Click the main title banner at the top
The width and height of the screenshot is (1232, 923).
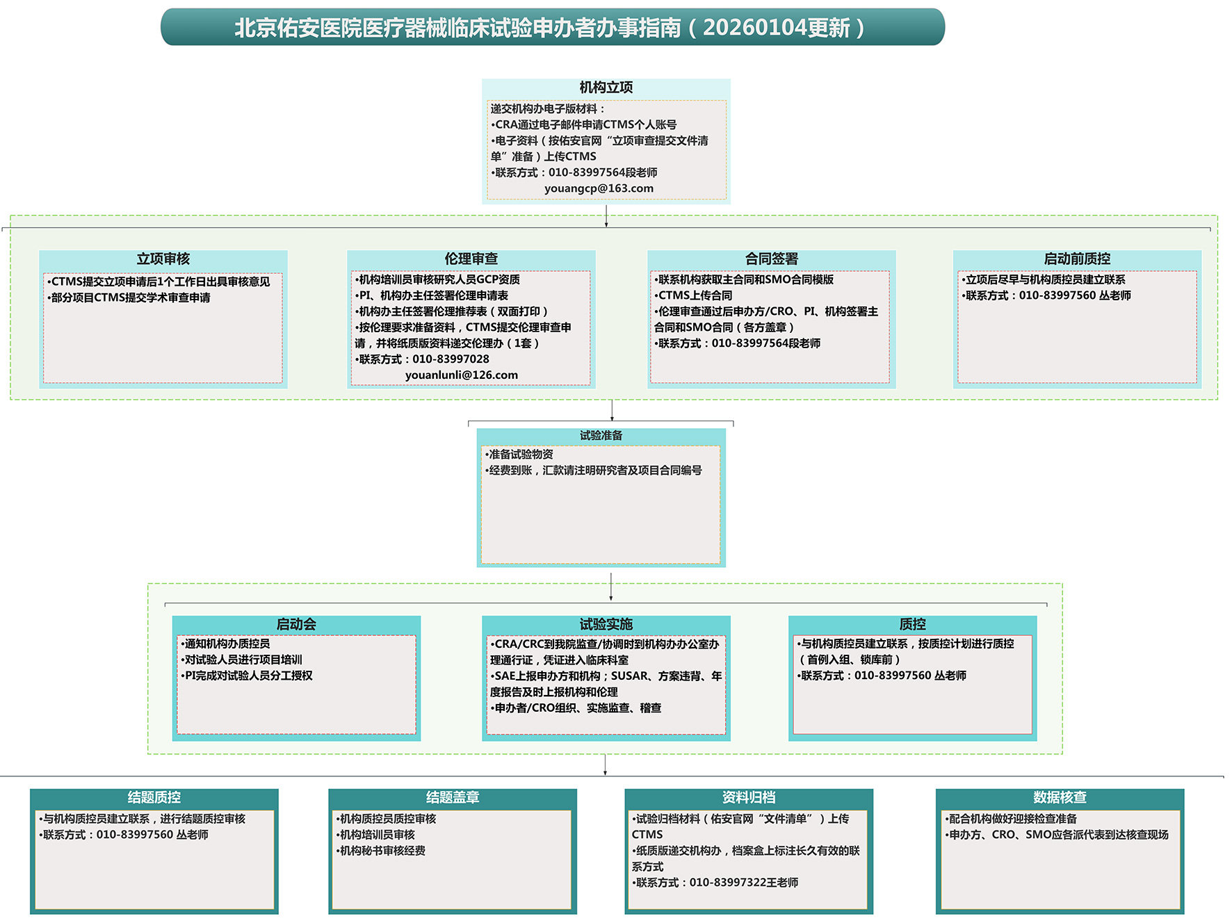(x=553, y=27)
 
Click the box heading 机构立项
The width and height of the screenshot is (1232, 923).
(x=606, y=88)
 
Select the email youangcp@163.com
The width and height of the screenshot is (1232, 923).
(x=599, y=188)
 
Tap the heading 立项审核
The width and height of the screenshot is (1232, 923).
(x=163, y=259)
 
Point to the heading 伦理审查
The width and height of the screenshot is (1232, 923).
(x=471, y=259)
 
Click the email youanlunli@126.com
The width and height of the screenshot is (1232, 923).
(x=462, y=375)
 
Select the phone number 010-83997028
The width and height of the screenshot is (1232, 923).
(x=451, y=359)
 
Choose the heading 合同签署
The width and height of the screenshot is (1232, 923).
(x=772, y=259)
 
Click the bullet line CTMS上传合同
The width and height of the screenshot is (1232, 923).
(x=693, y=295)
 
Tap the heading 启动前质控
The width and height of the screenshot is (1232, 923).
(x=1077, y=259)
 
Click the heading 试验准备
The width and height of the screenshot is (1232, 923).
(x=601, y=436)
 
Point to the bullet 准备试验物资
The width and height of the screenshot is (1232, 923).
(x=519, y=455)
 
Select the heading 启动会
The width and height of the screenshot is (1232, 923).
(x=296, y=624)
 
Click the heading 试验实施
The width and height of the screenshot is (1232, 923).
(x=606, y=624)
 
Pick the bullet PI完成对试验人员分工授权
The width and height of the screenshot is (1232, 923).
(x=247, y=676)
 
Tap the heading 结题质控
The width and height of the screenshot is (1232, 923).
(x=154, y=797)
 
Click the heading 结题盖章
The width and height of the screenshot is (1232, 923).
(x=453, y=797)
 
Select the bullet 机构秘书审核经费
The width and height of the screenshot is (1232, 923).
(x=381, y=851)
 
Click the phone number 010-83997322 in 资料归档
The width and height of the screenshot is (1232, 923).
(x=728, y=883)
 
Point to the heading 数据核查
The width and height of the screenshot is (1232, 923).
(x=1060, y=797)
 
